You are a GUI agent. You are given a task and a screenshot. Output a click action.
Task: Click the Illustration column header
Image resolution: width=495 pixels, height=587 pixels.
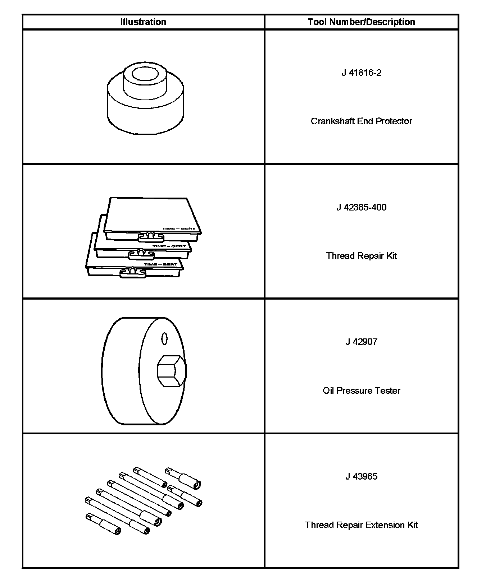143,22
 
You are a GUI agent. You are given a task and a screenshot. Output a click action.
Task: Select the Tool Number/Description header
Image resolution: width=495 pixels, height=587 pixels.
361,22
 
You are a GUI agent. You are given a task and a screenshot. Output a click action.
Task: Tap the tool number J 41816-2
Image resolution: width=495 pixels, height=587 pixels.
361,73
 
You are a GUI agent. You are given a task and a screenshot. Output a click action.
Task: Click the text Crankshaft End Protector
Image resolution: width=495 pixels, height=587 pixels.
361,121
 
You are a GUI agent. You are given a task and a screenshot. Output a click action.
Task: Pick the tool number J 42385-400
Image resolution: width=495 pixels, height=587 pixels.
361,207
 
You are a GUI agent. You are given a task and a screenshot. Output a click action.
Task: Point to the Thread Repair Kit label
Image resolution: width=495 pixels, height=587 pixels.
361,256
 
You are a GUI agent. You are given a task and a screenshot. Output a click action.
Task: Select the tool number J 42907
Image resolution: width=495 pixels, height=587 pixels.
361,342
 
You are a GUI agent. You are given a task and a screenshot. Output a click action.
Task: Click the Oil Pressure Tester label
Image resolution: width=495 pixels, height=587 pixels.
361,390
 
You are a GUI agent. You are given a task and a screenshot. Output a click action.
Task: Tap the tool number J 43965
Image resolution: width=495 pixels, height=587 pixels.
361,476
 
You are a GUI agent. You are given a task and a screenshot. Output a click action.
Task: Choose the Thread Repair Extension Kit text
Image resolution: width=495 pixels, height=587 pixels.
361,525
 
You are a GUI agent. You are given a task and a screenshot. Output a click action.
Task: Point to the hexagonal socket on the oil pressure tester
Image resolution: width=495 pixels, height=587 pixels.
171,371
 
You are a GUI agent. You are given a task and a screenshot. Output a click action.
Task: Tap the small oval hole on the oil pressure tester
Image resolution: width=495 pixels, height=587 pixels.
164,338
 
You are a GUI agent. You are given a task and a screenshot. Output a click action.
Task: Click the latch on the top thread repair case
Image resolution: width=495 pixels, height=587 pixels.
151,236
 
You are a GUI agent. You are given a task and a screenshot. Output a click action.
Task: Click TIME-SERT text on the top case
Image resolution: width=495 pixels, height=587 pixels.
178,228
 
